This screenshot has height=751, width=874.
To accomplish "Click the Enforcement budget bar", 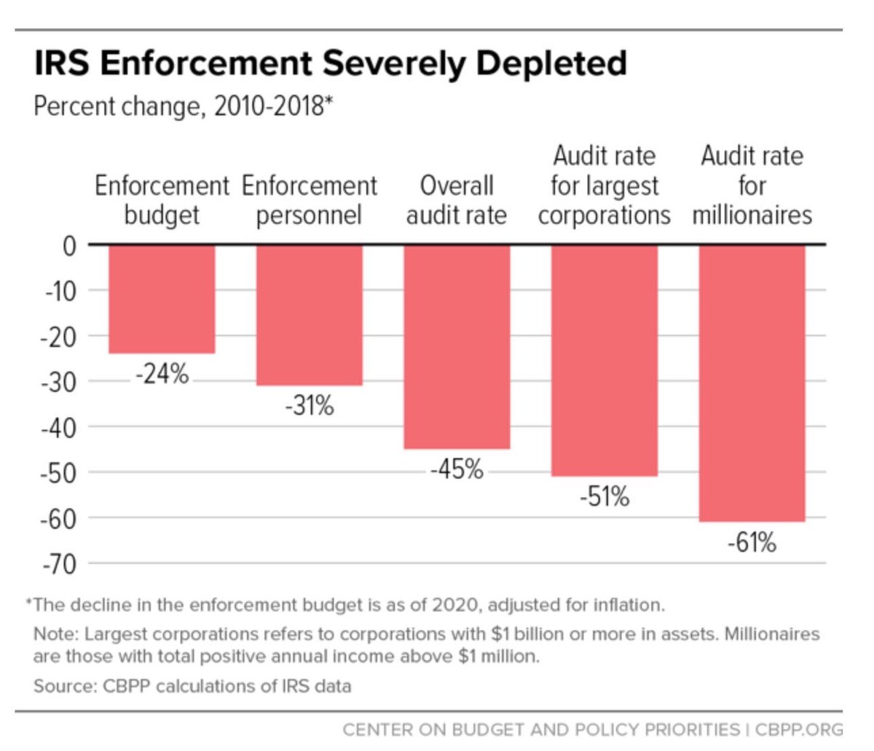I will click(162, 298).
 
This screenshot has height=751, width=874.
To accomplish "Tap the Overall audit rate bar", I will click(457, 346).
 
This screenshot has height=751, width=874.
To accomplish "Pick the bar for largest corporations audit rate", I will click(605, 360).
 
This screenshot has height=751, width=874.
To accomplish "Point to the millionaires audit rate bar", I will click(752, 383).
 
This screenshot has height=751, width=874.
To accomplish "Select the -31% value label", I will click(310, 406).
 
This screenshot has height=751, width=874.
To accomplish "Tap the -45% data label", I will click(457, 469).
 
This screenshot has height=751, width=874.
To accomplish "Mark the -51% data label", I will click(605, 497).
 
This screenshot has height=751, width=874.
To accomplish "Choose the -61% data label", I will click(752, 542).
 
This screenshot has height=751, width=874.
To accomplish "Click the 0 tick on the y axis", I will click(69, 245).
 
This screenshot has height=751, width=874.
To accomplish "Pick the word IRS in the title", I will click(62, 64).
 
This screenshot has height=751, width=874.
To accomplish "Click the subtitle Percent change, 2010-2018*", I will click(183, 107).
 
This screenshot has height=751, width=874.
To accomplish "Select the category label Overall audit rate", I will click(457, 200).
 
